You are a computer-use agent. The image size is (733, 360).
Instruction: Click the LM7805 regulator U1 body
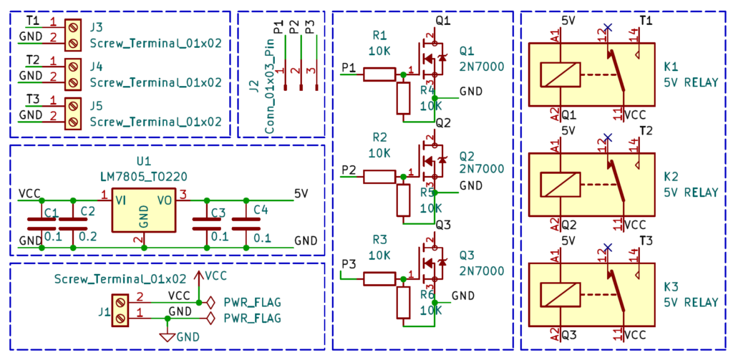[x=143, y=210]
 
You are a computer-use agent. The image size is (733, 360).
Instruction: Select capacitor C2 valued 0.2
[x=72, y=224]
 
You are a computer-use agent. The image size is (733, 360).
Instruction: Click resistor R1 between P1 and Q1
[x=380, y=74]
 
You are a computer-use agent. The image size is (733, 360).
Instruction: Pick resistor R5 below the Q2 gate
[x=403, y=200]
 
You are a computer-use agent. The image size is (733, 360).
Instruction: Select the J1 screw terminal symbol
[x=120, y=310]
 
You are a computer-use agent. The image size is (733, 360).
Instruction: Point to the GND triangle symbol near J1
[x=168, y=335]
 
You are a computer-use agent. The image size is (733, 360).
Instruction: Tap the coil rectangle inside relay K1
[x=560, y=74]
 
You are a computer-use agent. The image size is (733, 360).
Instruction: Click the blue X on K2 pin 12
[x=607, y=137]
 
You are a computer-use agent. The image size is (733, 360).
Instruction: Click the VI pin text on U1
[x=121, y=200]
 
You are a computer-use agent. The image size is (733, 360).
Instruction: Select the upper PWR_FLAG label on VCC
[x=253, y=301]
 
